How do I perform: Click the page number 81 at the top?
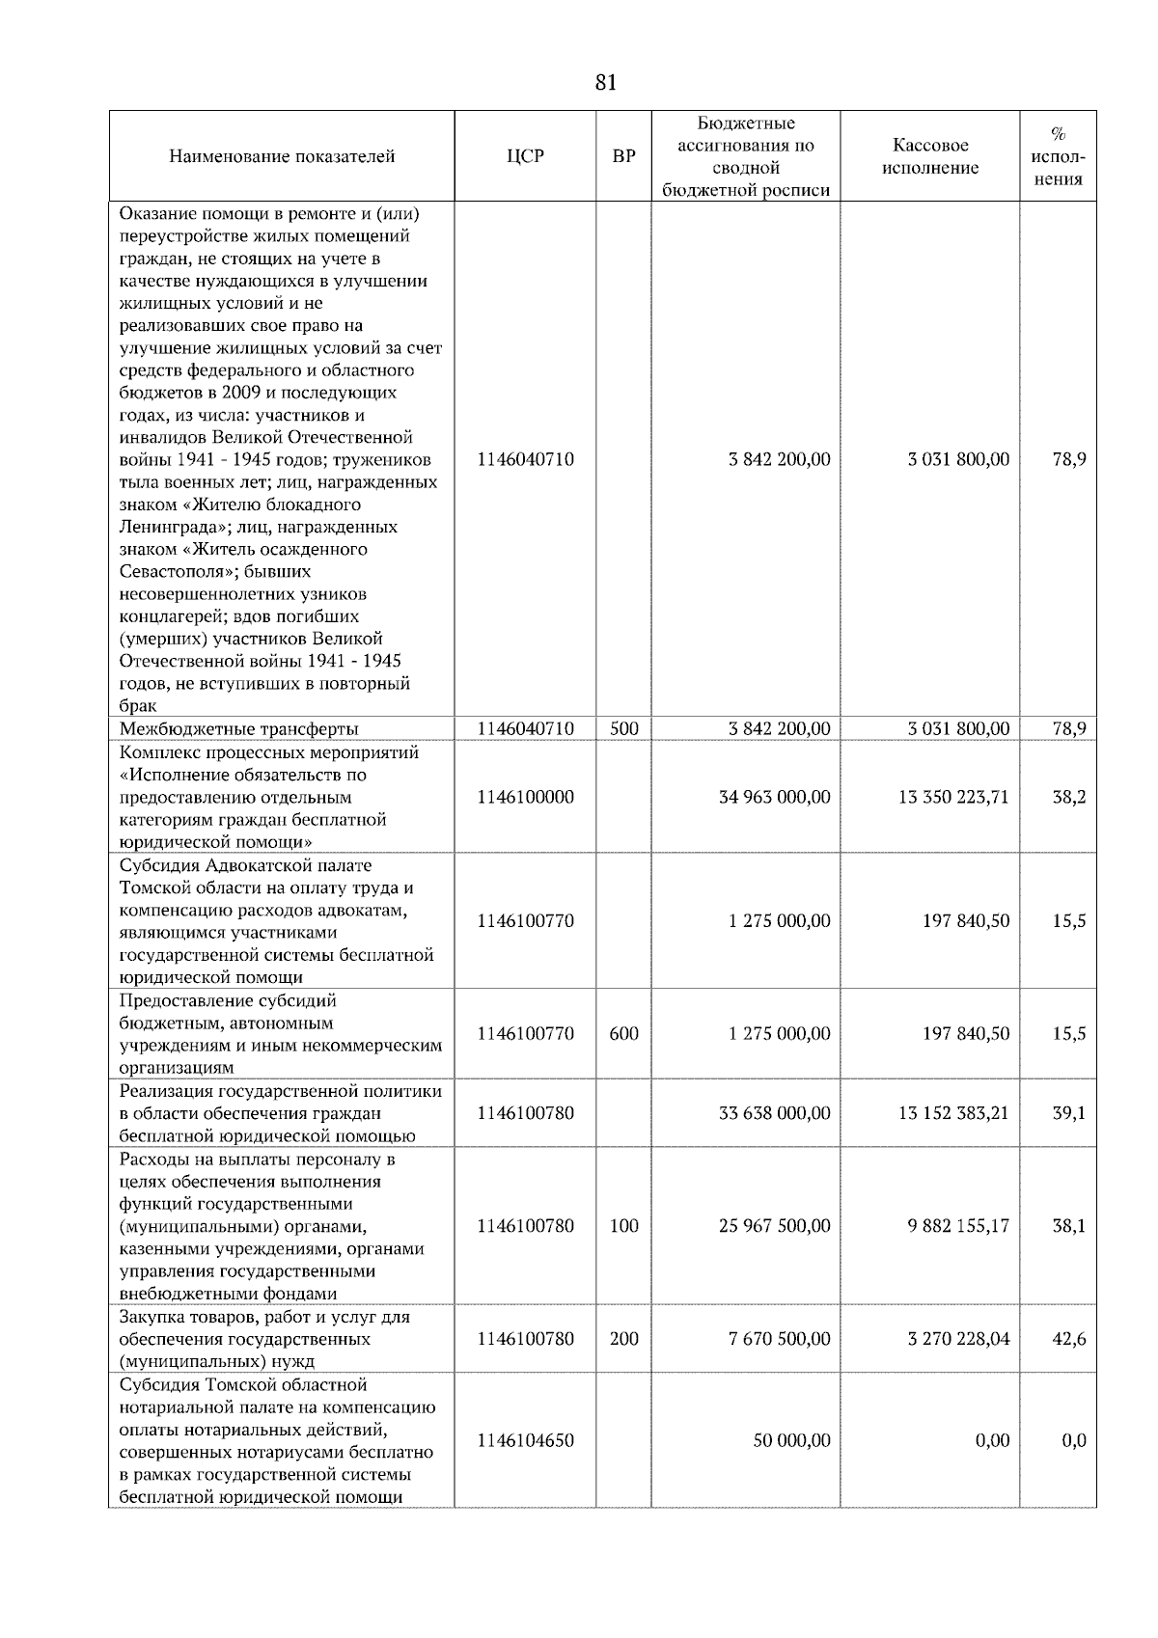[605, 83]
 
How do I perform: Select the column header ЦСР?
[525, 156]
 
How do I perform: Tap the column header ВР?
[624, 156]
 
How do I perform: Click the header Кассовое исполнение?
[930, 156]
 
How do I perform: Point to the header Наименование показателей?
[282, 156]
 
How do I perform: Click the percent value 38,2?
[1068, 797]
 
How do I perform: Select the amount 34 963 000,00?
[774, 797]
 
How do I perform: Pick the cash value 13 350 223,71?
[953, 797]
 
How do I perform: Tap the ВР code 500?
[624, 728]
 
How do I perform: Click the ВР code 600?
[624, 1033]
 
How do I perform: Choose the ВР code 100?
[624, 1225]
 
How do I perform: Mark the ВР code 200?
[624, 1338]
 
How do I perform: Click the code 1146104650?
[525, 1440]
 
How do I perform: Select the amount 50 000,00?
[791, 1440]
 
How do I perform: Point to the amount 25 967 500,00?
[774, 1225]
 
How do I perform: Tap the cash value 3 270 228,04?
[957, 1338]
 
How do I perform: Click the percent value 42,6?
[1068, 1338]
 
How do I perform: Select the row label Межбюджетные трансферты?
[238, 728]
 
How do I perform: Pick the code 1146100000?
[525, 797]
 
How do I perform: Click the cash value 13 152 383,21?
[953, 1112]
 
